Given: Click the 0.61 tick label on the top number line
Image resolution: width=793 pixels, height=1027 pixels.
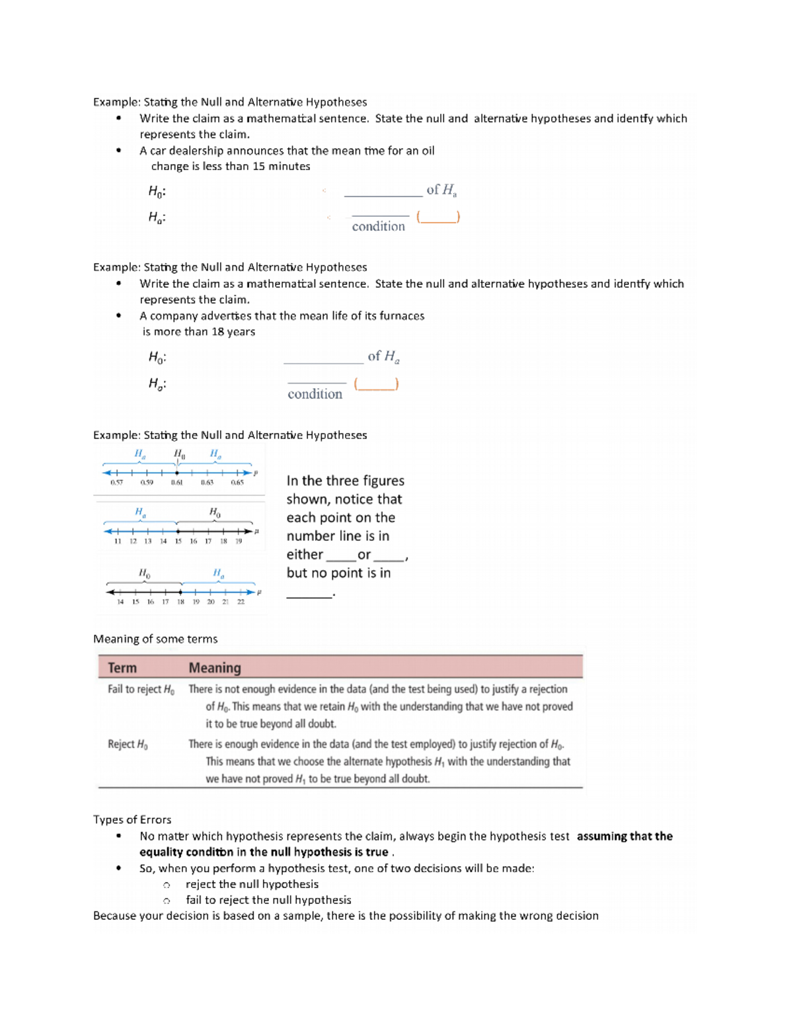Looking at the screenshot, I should point(176,483).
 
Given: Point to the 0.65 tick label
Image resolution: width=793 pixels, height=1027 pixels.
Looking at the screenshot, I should point(237,483).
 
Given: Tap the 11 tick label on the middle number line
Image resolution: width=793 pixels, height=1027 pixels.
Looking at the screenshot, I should point(118,541).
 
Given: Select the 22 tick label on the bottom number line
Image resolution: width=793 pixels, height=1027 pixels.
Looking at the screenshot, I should point(241,602).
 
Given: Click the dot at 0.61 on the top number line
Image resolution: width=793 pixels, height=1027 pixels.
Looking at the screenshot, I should point(176,473).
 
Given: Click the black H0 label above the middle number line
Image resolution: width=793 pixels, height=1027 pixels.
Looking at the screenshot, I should point(215,512).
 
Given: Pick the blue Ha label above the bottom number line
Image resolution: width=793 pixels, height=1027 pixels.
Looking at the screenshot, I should point(218,573).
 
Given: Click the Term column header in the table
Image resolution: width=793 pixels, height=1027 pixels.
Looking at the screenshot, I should point(122,668).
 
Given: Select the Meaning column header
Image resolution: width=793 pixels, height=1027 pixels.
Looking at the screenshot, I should point(215,668).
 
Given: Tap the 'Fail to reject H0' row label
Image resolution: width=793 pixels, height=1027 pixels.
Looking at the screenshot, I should point(141,689).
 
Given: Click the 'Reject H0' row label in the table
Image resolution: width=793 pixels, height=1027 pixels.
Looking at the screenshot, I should point(128,744).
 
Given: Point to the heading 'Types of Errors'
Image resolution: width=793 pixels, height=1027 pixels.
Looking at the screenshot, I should point(132,819).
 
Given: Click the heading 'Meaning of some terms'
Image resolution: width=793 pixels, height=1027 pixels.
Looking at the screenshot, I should point(155,639).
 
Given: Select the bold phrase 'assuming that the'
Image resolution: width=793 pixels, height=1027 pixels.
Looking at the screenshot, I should point(624,836).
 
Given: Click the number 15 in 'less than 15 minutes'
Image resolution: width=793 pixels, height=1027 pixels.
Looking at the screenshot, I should point(258,167).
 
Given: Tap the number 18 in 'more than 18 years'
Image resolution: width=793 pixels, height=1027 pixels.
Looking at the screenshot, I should point(218,332).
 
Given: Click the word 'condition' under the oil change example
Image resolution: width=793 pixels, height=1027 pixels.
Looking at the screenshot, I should point(378,226).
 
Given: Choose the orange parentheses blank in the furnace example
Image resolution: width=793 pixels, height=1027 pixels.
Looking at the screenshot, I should point(376,384).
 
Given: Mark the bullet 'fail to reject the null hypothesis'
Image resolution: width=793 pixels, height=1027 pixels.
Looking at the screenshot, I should point(268,900).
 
